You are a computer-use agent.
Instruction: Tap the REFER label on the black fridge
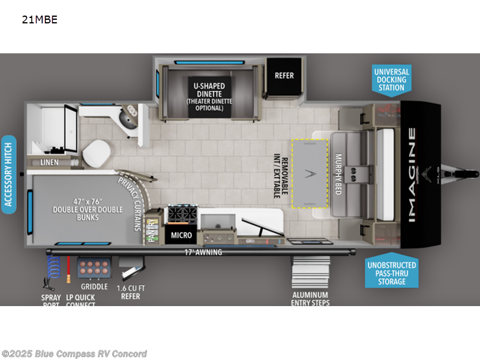pos(284,76)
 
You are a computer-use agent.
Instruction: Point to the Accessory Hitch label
pos(8,172)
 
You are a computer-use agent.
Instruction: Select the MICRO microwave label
pos(181,235)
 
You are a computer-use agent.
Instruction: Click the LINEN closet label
pos(50,163)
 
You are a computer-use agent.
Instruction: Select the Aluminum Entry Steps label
pos(311,298)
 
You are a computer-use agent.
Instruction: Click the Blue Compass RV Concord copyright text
pos(74,354)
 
